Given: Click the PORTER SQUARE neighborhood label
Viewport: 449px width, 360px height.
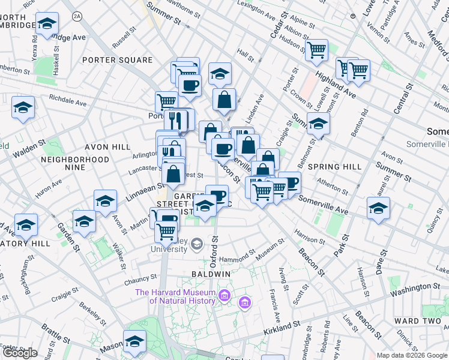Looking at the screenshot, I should click(x=118, y=60).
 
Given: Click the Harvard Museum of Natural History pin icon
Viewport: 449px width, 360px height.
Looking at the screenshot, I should click(x=224, y=295).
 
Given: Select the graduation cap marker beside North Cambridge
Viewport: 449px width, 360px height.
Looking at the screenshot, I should click(x=47, y=24).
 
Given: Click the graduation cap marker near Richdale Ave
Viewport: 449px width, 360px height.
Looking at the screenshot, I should click(x=23, y=107).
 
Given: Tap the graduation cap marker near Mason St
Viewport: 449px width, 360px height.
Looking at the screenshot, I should click(x=134, y=341).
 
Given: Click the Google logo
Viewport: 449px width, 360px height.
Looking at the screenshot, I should click(x=20, y=353).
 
